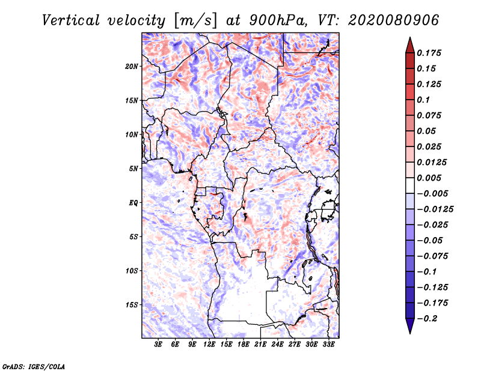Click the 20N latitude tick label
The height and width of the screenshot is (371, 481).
click(132, 66)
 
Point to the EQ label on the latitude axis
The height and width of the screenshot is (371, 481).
click(134, 203)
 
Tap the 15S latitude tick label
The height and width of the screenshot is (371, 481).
click(132, 305)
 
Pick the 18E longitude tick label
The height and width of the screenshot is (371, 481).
click(244, 345)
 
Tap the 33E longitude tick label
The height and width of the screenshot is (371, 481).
click(328, 345)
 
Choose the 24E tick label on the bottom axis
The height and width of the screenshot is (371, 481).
click(277, 345)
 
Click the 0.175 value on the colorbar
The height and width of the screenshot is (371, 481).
click(430, 53)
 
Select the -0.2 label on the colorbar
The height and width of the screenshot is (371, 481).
click(428, 318)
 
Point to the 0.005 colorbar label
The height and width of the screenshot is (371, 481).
click(430, 178)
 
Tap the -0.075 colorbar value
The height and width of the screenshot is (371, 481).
click(434, 256)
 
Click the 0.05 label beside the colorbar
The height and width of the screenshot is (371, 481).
click(428, 131)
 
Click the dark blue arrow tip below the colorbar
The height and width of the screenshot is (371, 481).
click(409, 331)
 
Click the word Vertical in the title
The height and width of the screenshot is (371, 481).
click(70, 20)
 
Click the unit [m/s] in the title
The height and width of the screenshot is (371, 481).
click(194, 20)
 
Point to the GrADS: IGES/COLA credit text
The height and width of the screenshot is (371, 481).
click(33, 366)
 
